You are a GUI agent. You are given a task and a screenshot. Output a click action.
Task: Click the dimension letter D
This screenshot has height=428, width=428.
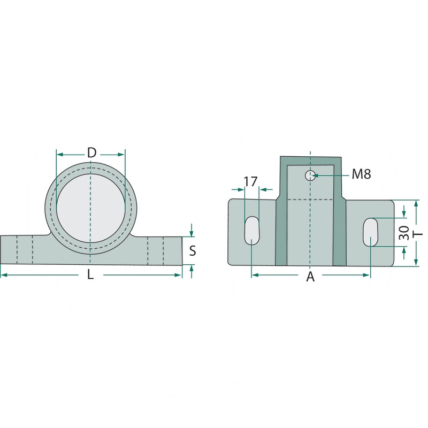[91, 152]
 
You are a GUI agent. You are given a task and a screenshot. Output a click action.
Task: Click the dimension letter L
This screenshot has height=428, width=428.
[90, 274]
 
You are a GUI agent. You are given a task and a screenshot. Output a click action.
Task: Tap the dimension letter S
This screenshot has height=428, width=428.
[193, 250]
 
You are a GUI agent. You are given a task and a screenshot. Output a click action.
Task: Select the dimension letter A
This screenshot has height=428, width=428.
[310, 277]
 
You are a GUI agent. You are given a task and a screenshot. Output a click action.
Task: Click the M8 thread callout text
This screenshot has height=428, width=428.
[361, 174]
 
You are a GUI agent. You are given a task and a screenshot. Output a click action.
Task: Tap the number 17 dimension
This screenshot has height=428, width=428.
[250, 181]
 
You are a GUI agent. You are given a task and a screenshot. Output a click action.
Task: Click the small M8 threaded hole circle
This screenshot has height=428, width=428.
[310, 175]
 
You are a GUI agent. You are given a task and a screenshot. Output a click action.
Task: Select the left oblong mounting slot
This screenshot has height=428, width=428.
[251, 231]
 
